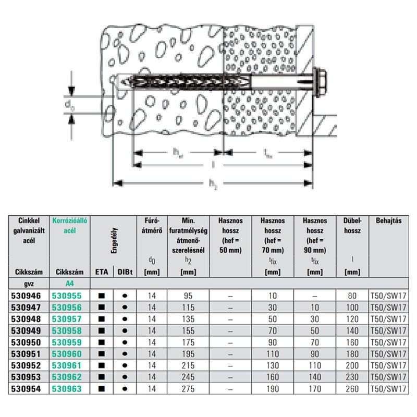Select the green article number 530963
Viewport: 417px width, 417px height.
67,389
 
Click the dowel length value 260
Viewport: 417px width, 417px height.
352,389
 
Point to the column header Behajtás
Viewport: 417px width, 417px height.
389,220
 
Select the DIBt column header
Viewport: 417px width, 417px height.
125,272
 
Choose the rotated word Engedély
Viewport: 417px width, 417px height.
114,240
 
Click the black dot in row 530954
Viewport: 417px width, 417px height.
125,389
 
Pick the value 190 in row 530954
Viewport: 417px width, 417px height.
273,389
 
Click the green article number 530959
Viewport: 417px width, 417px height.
67,342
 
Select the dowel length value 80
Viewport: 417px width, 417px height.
352,296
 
